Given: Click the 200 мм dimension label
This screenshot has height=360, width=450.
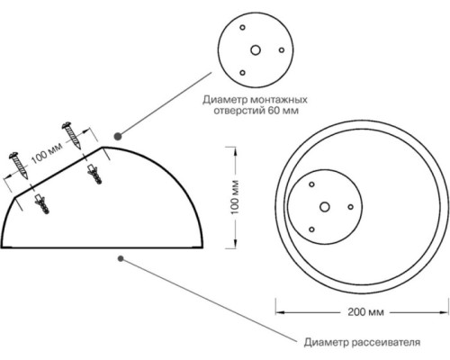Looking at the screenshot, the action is coord(365,312).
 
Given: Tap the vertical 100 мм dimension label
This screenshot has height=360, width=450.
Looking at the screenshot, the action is coord(235,197).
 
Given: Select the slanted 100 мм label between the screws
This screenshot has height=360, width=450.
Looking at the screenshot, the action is coord(47,152).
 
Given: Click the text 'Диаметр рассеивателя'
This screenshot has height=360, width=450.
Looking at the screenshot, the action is coord(362,342).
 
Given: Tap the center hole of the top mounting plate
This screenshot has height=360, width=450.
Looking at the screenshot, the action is coord(256,50).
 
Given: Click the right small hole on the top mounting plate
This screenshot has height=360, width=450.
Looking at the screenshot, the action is coord(282,50).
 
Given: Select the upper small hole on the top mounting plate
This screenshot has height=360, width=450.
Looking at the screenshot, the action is coord(242,28).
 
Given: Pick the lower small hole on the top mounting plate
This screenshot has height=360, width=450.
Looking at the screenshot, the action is coord(242,73).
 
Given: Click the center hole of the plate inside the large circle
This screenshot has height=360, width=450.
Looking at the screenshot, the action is coord(325,207).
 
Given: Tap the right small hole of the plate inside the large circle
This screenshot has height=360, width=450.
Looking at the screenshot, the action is coord(350,207).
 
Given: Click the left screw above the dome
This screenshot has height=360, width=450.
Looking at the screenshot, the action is coord(19,166).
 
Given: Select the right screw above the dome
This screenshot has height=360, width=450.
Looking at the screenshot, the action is coord(72,135).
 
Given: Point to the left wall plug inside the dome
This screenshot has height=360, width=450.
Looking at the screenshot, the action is coord(42,204).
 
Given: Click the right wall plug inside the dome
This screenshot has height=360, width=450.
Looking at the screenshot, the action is coord(94,174).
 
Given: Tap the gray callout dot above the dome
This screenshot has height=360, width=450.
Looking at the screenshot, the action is coord(118,136).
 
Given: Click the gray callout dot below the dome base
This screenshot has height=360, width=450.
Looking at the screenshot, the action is coord(121,258).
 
